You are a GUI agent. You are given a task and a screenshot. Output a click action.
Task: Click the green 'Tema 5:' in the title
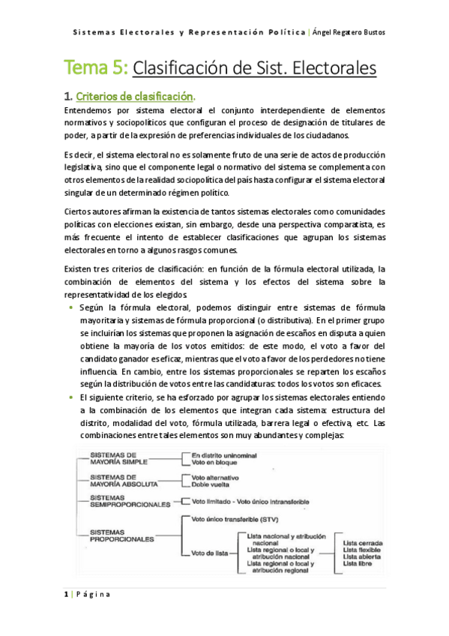96,70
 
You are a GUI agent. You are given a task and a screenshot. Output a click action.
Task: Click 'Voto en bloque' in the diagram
216,463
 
